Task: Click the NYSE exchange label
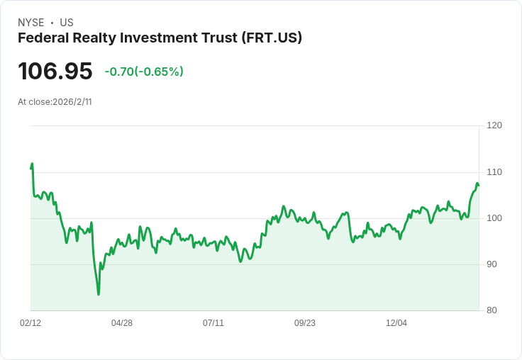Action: (x=30, y=23)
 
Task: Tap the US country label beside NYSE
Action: (x=67, y=23)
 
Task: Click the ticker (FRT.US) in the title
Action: (x=272, y=38)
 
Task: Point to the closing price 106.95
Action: (x=55, y=72)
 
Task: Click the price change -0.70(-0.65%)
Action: (x=144, y=72)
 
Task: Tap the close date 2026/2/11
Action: (x=72, y=102)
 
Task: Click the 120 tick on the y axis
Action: (x=494, y=125)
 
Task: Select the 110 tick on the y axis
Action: (x=494, y=171)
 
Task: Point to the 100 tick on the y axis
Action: (x=494, y=218)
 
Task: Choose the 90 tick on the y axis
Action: (x=494, y=264)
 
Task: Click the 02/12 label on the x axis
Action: (x=30, y=323)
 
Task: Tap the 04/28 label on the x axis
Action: (x=122, y=323)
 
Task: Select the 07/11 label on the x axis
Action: (x=213, y=323)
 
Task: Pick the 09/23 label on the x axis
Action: (x=305, y=323)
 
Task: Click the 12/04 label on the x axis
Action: (x=396, y=323)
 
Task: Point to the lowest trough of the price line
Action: (x=99, y=294)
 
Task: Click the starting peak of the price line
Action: (x=32, y=164)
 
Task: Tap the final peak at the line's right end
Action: (x=477, y=184)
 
